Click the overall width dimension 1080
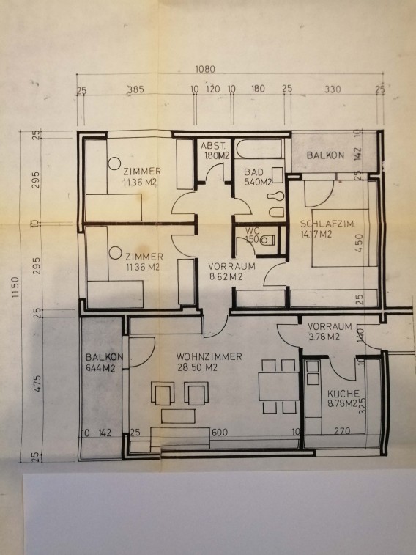coord(205,69)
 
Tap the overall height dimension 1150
coord(15,287)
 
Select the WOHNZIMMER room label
coord(209,356)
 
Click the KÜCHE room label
coord(343,394)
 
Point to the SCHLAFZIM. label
coord(327,224)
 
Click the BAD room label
coord(253,172)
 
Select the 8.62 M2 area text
coord(226,277)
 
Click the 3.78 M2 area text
coord(324,337)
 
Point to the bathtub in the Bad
coord(260,149)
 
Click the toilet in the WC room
coord(267,240)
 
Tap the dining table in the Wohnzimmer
coord(279,386)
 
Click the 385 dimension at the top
coord(135,89)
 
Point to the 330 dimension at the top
coord(333,89)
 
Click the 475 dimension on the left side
coord(37,383)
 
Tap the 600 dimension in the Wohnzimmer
coord(220,432)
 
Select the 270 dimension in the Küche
coord(342,431)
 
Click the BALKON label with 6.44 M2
coord(103,362)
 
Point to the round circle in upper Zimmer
coord(114,163)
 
